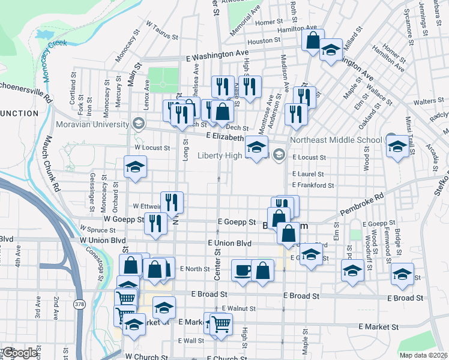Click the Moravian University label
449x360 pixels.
coord(92,125)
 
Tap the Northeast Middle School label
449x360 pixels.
coord(336,140)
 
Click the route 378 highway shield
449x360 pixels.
coord(79,304)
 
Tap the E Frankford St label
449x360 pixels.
coord(313,185)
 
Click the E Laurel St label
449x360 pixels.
coord(308,174)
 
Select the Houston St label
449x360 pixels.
coord(260,41)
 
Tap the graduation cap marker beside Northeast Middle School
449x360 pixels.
coord(397,146)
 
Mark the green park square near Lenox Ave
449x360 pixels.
coord(163,80)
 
